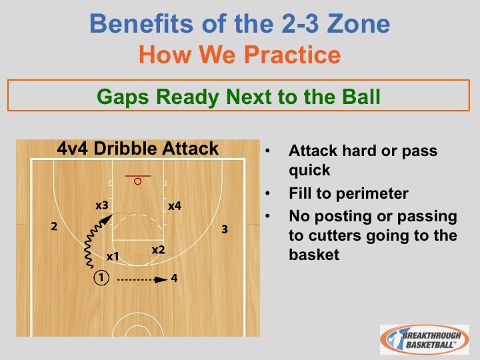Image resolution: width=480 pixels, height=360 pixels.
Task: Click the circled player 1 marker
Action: pyautogui.click(x=101, y=278)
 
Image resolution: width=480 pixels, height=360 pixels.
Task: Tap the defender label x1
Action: pyautogui.click(x=113, y=256)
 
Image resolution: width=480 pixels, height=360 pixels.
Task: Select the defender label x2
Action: pyautogui.click(x=158, y=250)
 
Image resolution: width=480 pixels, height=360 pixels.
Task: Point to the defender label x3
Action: pyautogui.click(x=102, y=205)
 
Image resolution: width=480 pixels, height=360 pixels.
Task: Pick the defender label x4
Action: pyautogui.click(x=175, y=206)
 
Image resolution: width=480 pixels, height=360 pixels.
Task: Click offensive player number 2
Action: pyautogui.click(x=54, y=226)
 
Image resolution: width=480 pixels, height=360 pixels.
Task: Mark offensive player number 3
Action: pyautogui.click(x=225, y=229)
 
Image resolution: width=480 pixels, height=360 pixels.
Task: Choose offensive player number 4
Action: pyautogui.click(x=174, y=278)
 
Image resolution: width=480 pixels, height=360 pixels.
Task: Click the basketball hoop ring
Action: pyautogui.click(x=138, y=181)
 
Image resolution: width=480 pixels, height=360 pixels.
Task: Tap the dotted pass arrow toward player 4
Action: pyautogui.click(x=143, y=279)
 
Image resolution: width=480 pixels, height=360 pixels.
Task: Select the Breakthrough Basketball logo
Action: pyautogui.click(x=424, y=339)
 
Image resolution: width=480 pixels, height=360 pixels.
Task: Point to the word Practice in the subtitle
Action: pyautogui.click(x=292, y=55)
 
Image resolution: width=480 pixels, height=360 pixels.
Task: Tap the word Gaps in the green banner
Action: pyautogui.click(x=123, y=97)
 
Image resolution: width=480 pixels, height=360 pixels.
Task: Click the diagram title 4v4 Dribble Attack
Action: pyautogui.click(x=138, y=149)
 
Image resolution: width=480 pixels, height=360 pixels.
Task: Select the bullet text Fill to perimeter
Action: pyautogui.click(x=349, y=193)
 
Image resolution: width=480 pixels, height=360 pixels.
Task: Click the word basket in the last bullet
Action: pyautogui.click(x=314, y=255)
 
